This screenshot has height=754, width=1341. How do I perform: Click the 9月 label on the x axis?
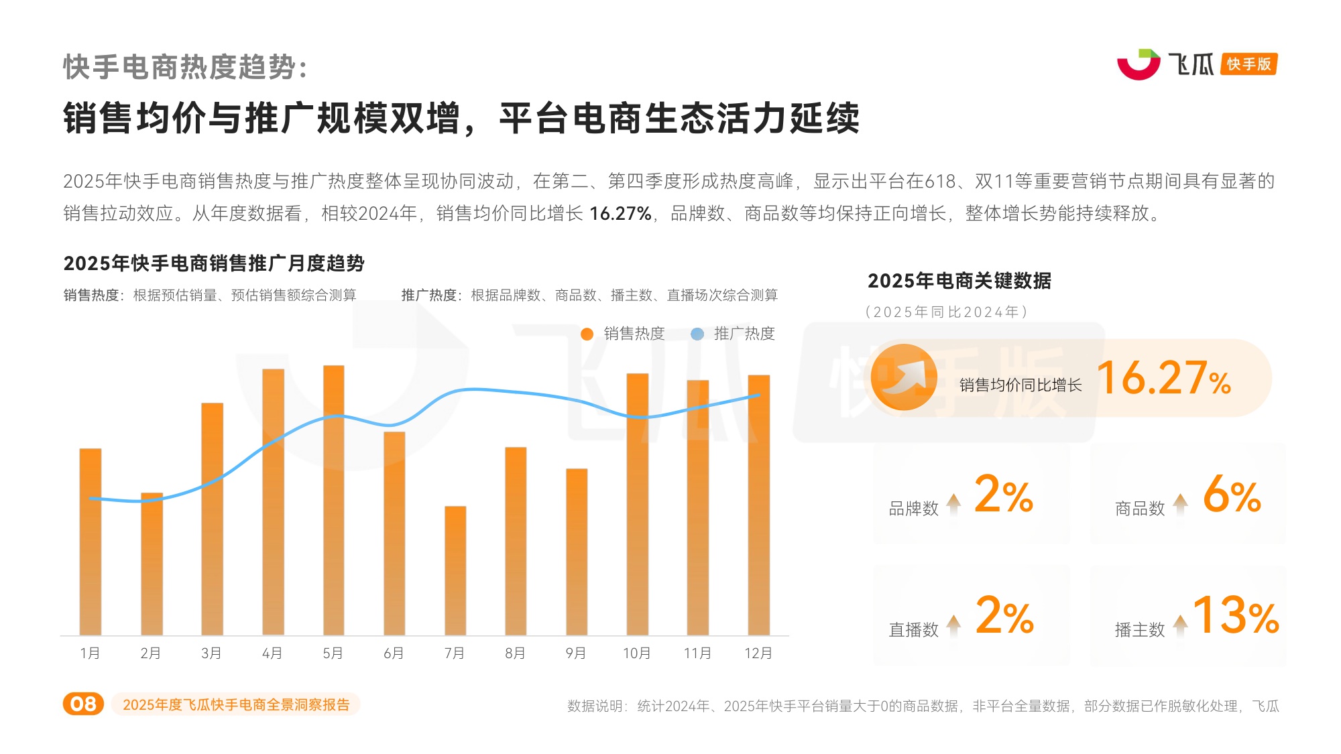pos(575,653)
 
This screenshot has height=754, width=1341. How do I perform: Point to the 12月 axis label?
pos(758,653)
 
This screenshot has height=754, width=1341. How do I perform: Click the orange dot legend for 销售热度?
pos(587,334)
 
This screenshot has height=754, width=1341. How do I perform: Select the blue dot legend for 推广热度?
pos(697,334)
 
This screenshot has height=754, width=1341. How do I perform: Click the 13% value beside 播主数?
pos(1236,615)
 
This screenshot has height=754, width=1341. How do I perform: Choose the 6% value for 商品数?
pos(1232,495)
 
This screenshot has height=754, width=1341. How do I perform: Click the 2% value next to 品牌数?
pos(1003,495)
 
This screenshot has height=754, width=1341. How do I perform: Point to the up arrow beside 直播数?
pos(953,625)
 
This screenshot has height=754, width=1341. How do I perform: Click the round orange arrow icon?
pos(903,377)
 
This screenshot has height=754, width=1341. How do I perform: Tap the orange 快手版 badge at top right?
pos(1248,64)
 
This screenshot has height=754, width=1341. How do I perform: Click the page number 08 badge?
pos(83,704)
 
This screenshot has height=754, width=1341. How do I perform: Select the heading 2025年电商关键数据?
pos(959,281)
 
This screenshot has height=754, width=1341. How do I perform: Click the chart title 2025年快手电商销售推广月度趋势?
pos(214,263)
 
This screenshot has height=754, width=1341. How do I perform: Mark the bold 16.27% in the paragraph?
pos(620,214)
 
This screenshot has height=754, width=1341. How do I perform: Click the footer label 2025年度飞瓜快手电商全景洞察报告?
pos(236,704)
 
